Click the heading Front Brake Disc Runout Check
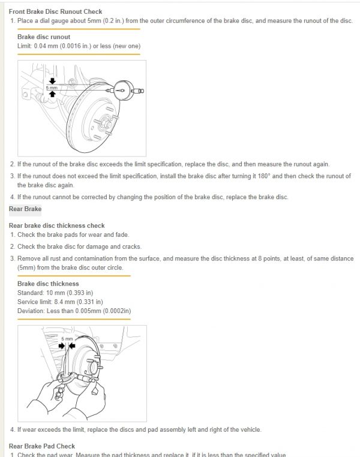tap(55, 11)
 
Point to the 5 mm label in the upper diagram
tap(52, 88)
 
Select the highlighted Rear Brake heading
tap(25, 209)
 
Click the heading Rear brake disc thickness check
tap(57, 226)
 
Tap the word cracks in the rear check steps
tap(132, 246)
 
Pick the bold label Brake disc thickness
tap(48, 284)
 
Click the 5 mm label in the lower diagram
tap(68, 339)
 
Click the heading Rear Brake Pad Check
tap(42, 446)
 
